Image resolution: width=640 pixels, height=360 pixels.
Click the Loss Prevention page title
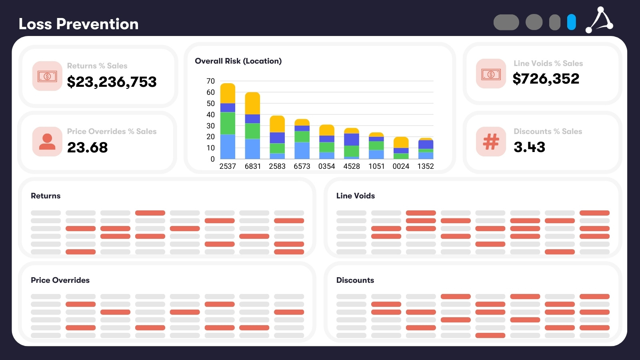coord(78,24)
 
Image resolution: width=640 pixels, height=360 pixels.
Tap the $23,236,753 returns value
coord(112,82)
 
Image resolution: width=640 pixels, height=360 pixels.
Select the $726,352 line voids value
coord(546,79)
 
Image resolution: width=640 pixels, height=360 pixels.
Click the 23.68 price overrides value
coord(87,148)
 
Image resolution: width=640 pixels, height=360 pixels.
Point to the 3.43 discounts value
coord(529,147)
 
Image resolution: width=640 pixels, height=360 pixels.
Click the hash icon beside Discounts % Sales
coord(491,142)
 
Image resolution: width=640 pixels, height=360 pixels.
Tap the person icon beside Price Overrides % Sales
coord(47,142)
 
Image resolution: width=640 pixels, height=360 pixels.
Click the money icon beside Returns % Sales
coord(47,76)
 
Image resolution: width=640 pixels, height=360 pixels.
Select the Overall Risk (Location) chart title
coord(238,61)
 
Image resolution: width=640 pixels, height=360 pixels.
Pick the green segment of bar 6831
coord(252,131)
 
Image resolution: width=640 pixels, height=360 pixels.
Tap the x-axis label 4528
coord(352,166)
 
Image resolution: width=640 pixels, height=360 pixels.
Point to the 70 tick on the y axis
coord(210,81)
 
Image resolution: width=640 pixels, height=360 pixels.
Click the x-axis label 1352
coord(426,166)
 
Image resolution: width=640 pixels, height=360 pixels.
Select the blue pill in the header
coord(571,22)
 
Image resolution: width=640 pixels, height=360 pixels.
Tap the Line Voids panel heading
coord(355,196)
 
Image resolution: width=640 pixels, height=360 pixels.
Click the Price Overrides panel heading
coord(60,280)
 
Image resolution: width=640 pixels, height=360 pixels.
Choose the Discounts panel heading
coord(355,280)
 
